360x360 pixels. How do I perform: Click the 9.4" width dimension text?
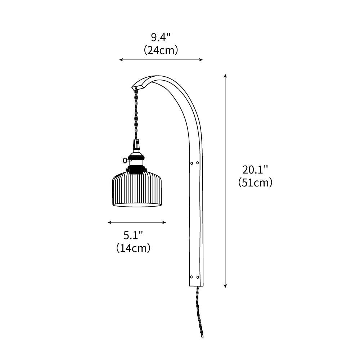point(161,37)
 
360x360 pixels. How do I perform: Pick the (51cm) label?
point(255,183)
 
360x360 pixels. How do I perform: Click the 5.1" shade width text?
point(133,235)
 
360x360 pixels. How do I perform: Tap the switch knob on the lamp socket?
point(125,160)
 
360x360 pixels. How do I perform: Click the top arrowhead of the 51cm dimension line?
point(225,76)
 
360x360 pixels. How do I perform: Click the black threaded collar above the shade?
point(137,169)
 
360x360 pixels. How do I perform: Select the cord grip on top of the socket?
point(137,144)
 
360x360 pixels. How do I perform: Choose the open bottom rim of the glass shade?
point(137,205)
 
